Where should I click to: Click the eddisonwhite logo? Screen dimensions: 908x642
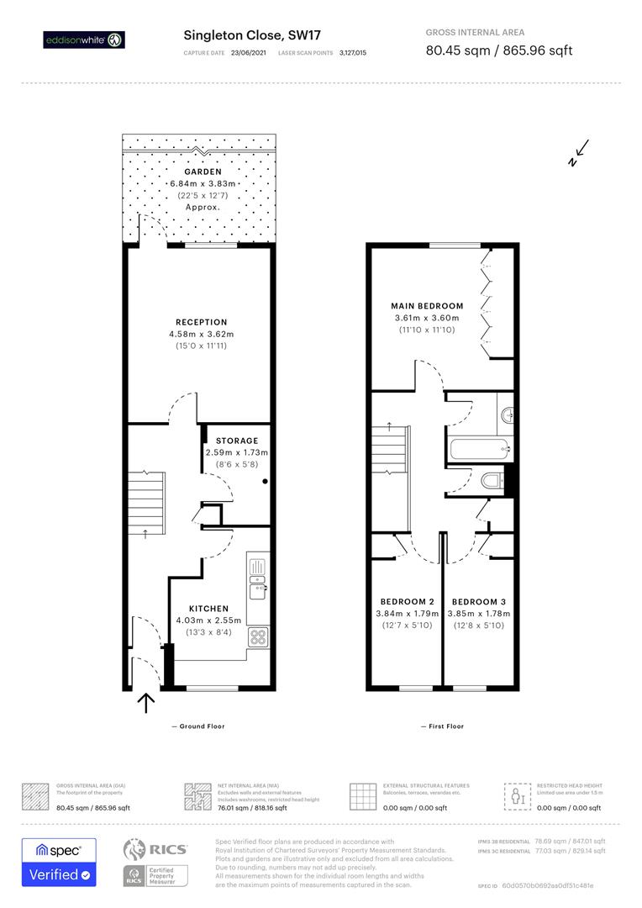pyautogui.click(x=84, y=40)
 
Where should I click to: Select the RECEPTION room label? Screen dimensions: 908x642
pyautogui.click(x=201, y=322)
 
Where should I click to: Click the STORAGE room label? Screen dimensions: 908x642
pyautogui.click(x=237, y=441)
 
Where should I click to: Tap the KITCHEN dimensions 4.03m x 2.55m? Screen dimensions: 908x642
pyautogui.click(x=208, y=620)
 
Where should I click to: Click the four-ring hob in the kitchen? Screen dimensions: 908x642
pyautogui.click(x=258, y=636)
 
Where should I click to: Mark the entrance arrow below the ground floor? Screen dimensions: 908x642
pyautogui.click(x=146, y=702)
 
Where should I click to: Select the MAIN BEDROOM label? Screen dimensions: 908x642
pyautogui.click(x=427, y=305)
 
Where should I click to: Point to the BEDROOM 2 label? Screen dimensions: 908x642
pyautogui.click(x=407, y=602)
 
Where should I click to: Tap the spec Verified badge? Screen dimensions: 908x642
pyautogui.click(x=58, y=862)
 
